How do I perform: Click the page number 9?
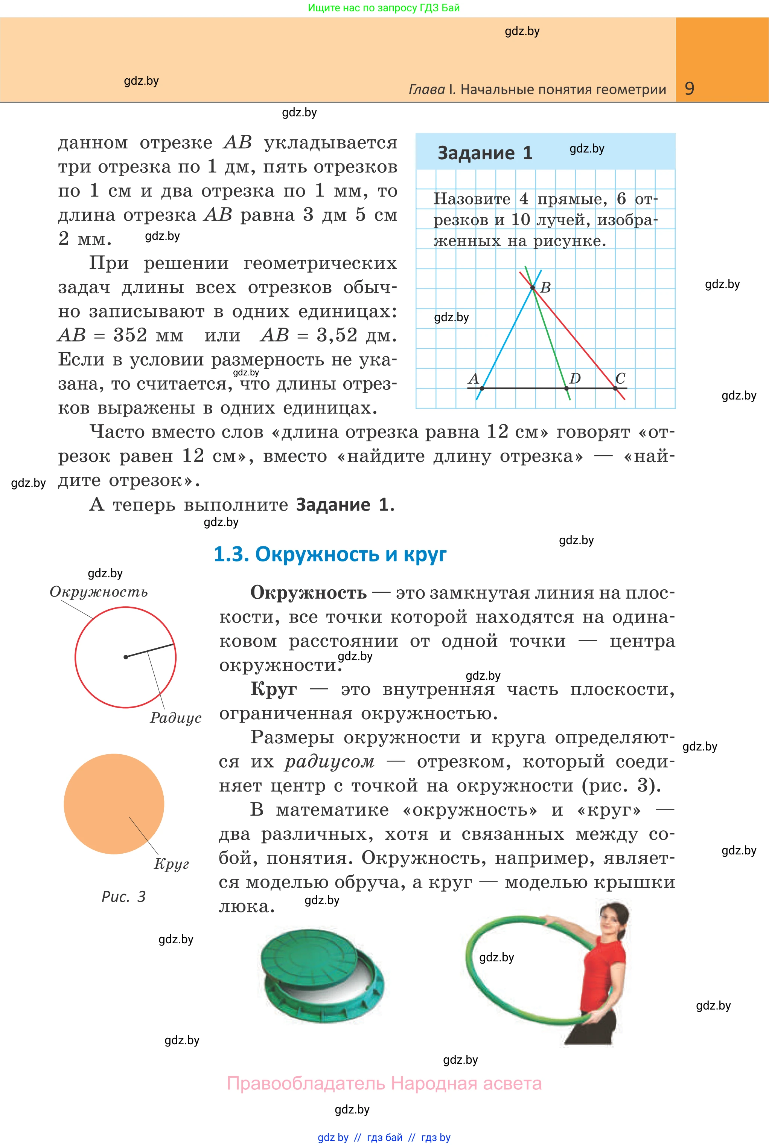coord(689,88)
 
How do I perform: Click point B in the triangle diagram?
coord(533,287)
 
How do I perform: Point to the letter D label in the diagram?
coord(575,378)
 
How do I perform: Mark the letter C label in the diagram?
coord(620,378)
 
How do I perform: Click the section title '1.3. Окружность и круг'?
coord(330,554)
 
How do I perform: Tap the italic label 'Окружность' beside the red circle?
coord(99,592)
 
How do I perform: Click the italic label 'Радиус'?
coord(175,717)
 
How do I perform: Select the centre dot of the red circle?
coord(126,657)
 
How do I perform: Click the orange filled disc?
coord(114,804)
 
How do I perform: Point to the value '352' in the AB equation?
coord(130,335)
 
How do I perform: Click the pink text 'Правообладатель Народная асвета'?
coord(384,1083)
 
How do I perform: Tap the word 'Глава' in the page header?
coord(427,89)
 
